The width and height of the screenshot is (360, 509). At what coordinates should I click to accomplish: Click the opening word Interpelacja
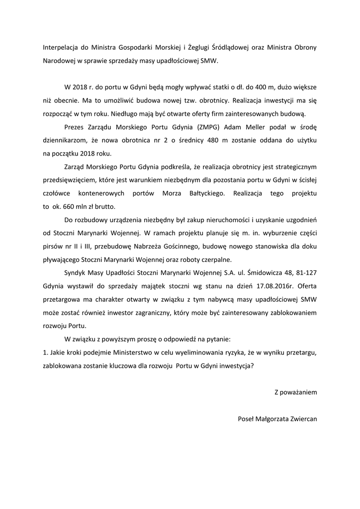point(61,48)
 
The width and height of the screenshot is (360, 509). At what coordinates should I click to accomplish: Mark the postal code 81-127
point(304,273)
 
